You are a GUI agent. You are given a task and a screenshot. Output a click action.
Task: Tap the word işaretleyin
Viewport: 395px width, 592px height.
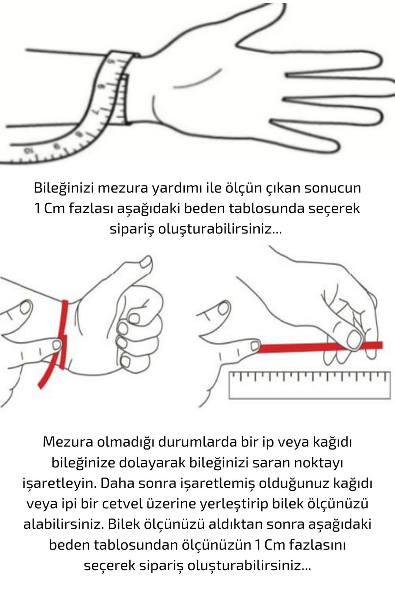coord(59,483)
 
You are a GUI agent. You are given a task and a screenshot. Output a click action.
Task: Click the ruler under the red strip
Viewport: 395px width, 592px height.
coord(310,385)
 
